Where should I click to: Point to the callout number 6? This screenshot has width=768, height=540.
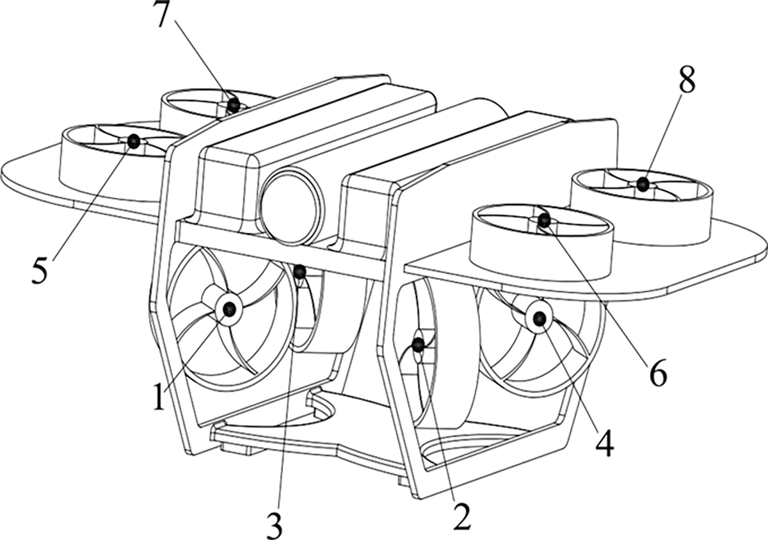(x=657, y=373)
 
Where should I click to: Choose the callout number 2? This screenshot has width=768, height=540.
(x=461, y=516)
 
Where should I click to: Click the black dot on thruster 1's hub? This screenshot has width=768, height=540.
(x=228, y=309)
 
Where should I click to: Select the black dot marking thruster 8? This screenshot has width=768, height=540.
(x=643, y=184)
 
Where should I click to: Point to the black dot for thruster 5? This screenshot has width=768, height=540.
(x=133, y=142)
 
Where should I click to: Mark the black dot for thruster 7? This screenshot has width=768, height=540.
(x=234, y=103)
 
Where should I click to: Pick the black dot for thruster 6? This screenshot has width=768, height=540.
(x=543, y=220)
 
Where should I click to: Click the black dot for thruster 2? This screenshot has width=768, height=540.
(x=418, y=345)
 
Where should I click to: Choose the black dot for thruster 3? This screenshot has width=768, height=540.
(x=300, y=272)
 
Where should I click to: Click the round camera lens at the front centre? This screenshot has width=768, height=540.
(x=292, y=207)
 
